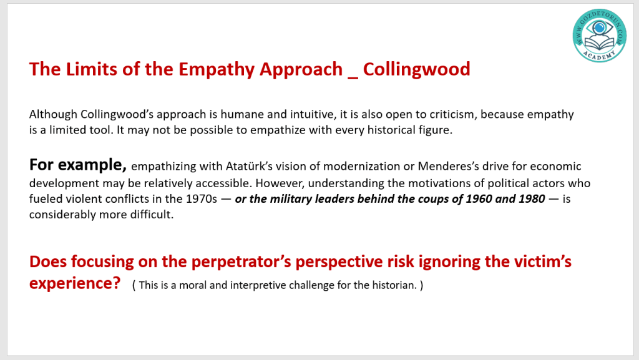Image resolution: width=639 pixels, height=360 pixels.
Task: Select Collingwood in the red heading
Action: (416, 70)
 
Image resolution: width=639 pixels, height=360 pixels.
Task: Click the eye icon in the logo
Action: (600, 28)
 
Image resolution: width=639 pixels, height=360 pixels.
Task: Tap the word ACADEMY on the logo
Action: (599, 55)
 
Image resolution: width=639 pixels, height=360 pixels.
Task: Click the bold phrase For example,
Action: (78, 165)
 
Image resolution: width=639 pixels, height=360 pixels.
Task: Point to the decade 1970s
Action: (202, 199)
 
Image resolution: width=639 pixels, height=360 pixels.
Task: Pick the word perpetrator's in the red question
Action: (241, 262)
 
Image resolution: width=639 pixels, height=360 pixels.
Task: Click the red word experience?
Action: (75, 283)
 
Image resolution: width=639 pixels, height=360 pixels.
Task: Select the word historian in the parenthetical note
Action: (394, 285)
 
